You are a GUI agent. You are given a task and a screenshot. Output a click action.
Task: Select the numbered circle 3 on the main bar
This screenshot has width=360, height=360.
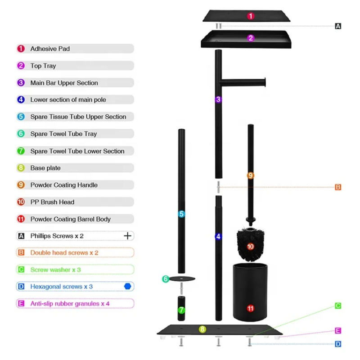point(218,99)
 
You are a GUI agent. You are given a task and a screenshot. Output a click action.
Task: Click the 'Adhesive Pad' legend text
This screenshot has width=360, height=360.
point(50,49)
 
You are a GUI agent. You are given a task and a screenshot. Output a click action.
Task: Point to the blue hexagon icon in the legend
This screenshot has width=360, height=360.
point(127,286)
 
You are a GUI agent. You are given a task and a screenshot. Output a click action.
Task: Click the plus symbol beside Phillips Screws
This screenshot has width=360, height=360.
point(128,235)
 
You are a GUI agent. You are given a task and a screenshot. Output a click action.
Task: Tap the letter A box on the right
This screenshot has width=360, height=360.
point(338,26)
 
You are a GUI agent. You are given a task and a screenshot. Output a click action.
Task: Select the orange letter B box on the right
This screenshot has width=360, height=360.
point(338,187)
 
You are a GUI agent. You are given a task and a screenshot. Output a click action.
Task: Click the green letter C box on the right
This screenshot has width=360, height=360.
point(338,306)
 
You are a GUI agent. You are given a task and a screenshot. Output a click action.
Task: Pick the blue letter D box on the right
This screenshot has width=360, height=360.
point(338,344)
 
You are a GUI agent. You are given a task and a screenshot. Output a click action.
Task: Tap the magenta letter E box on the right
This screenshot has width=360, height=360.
point(338,331)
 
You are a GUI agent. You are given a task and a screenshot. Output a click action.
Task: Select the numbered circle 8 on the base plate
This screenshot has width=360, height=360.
point(202,329)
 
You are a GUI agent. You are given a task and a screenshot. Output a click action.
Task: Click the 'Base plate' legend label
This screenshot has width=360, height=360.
point(45,168)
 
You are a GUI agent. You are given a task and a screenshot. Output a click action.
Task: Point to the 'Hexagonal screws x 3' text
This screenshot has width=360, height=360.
point(62,287)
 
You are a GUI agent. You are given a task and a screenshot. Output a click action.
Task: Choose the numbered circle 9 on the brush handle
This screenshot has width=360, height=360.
point(250,175)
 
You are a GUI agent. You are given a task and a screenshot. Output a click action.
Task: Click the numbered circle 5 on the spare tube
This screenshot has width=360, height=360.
point(181,214)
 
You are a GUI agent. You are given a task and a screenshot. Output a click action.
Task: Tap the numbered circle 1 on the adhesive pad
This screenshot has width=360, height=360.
point(251,16)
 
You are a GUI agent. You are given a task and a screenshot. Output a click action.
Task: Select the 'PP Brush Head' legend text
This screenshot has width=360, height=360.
point(52,202)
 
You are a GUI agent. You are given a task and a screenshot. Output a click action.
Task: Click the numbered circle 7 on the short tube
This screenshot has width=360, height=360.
point(181,310)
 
